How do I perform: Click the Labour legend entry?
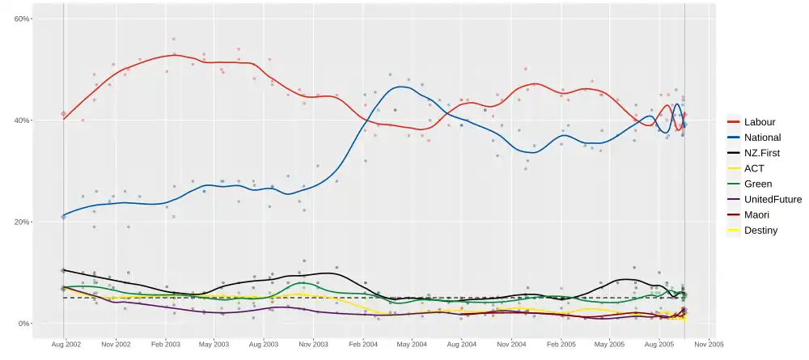click(760, 122)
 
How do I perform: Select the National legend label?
click(762, 138)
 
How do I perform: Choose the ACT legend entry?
click(755, 168)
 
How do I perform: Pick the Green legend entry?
click(758, 184)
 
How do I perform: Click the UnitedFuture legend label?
click(773, 199)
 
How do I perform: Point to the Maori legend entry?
click(757, 214)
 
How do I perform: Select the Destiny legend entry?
click(760, 230)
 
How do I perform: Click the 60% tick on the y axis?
click(23, 19)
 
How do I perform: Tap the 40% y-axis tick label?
click(23, 121)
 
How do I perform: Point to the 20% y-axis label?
click(23, 222)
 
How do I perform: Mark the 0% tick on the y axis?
click(24, 324)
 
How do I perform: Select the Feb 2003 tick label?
click(166, 344)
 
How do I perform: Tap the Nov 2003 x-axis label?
click(313, 344)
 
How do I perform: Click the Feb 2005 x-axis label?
click(561, 344)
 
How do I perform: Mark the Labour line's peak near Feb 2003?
click(173, 54)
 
